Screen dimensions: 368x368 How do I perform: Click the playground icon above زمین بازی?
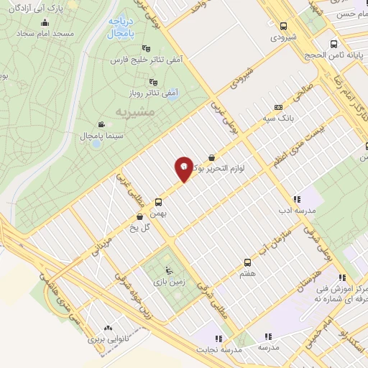click(168, 271)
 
